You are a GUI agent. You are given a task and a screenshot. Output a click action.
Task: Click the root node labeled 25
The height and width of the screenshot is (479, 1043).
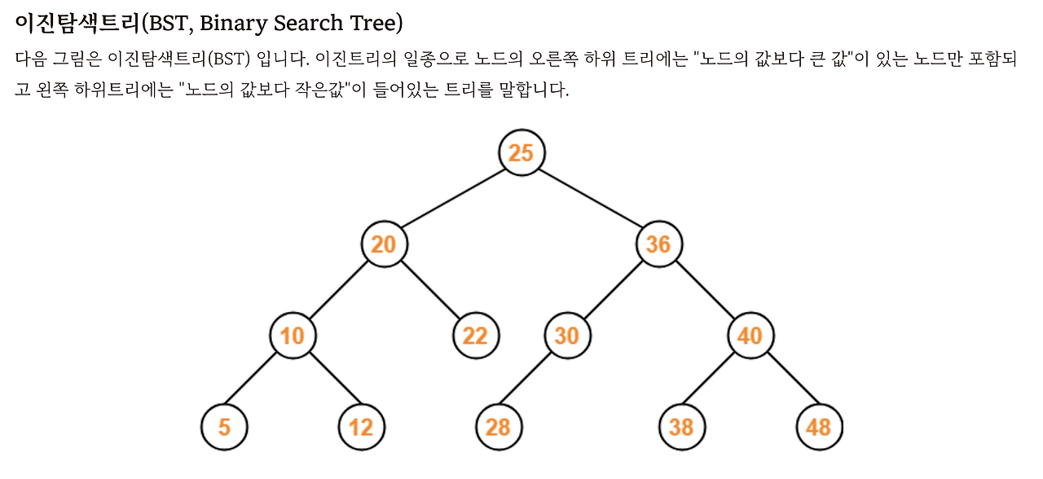tap(521, 152)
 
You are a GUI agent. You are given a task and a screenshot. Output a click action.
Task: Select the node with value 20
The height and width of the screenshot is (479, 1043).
tap(384, 244)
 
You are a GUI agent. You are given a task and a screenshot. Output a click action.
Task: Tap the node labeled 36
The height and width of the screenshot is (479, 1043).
tap(658, 244)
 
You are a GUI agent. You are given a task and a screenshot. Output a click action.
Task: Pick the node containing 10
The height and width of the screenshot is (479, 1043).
tap(293, 335)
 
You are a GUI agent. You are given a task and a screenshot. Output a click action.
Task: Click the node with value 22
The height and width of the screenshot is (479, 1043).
tap(475, 335)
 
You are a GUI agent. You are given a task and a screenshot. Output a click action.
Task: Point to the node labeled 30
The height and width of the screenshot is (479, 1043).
tap(567, 335)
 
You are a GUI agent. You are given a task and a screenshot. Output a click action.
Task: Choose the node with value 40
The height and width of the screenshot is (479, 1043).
tap(750, 335)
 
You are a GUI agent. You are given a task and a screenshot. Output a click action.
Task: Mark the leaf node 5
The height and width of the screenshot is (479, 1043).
tap(224, 427)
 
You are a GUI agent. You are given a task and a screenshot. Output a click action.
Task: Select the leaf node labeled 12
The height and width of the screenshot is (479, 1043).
tap(361, 427)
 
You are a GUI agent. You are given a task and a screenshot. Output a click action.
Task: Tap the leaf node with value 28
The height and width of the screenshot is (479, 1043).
tap(499, 427)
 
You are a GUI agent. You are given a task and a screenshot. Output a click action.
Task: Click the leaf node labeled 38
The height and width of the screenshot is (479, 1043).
tap(681, 427)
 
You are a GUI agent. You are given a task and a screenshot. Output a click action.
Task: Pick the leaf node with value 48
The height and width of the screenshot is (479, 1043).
tap(819, 427)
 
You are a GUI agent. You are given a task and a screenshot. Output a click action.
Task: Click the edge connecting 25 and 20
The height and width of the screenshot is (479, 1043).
tap(452, 198)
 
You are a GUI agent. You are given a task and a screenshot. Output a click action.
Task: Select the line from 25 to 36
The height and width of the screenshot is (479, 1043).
tap(590, 198)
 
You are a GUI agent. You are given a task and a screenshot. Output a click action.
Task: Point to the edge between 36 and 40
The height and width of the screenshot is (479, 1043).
tap(704, 289)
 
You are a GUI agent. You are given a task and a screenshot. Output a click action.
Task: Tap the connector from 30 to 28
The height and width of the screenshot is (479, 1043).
tap(533, 380)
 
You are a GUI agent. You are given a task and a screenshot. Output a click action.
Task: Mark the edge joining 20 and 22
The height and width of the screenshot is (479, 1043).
tap(429, 289)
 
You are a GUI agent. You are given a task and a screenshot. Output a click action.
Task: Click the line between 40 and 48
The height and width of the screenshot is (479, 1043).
tap(784, 380)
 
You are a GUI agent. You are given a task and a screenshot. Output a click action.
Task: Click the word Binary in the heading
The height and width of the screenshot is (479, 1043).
tap(233, 24)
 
